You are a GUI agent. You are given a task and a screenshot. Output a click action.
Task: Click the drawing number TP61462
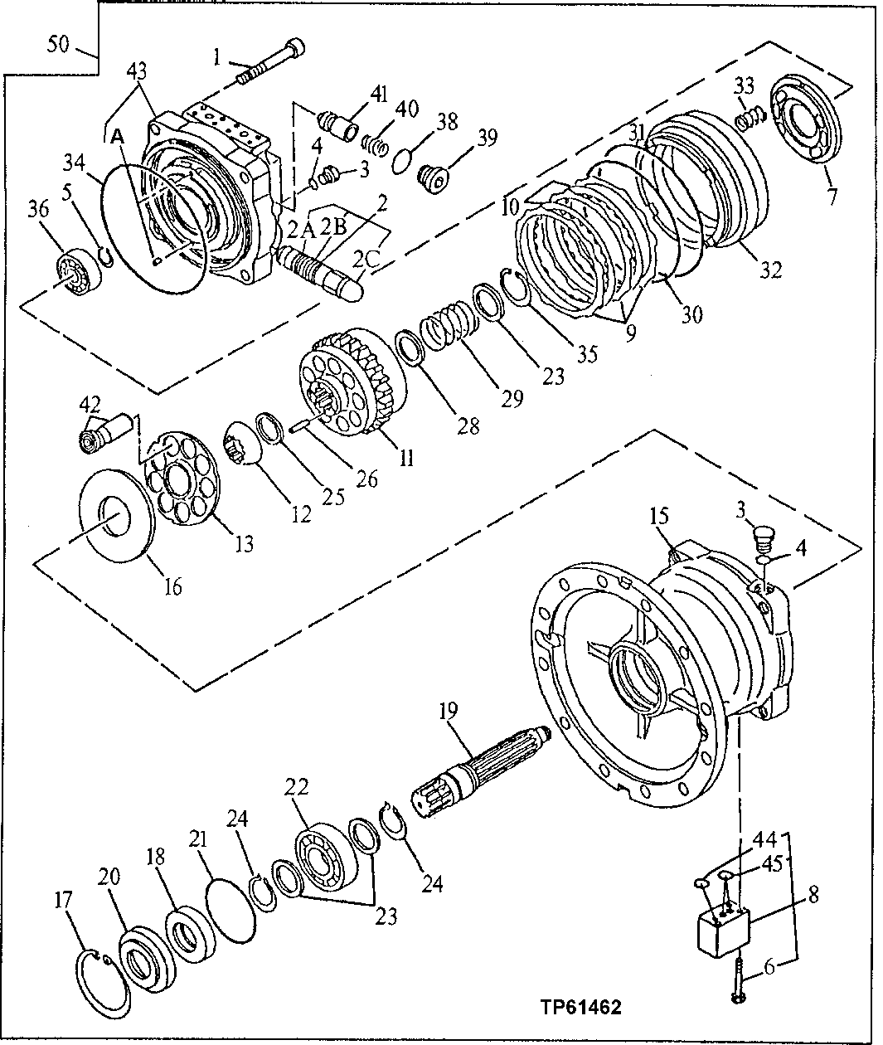[x=581, y=1009]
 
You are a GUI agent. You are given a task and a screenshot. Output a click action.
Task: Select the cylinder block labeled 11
[x=350, y=386]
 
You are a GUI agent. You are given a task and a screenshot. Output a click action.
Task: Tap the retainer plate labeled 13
[x=184, y=484]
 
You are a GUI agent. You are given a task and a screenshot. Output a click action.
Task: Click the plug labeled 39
[x=434, y=177]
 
